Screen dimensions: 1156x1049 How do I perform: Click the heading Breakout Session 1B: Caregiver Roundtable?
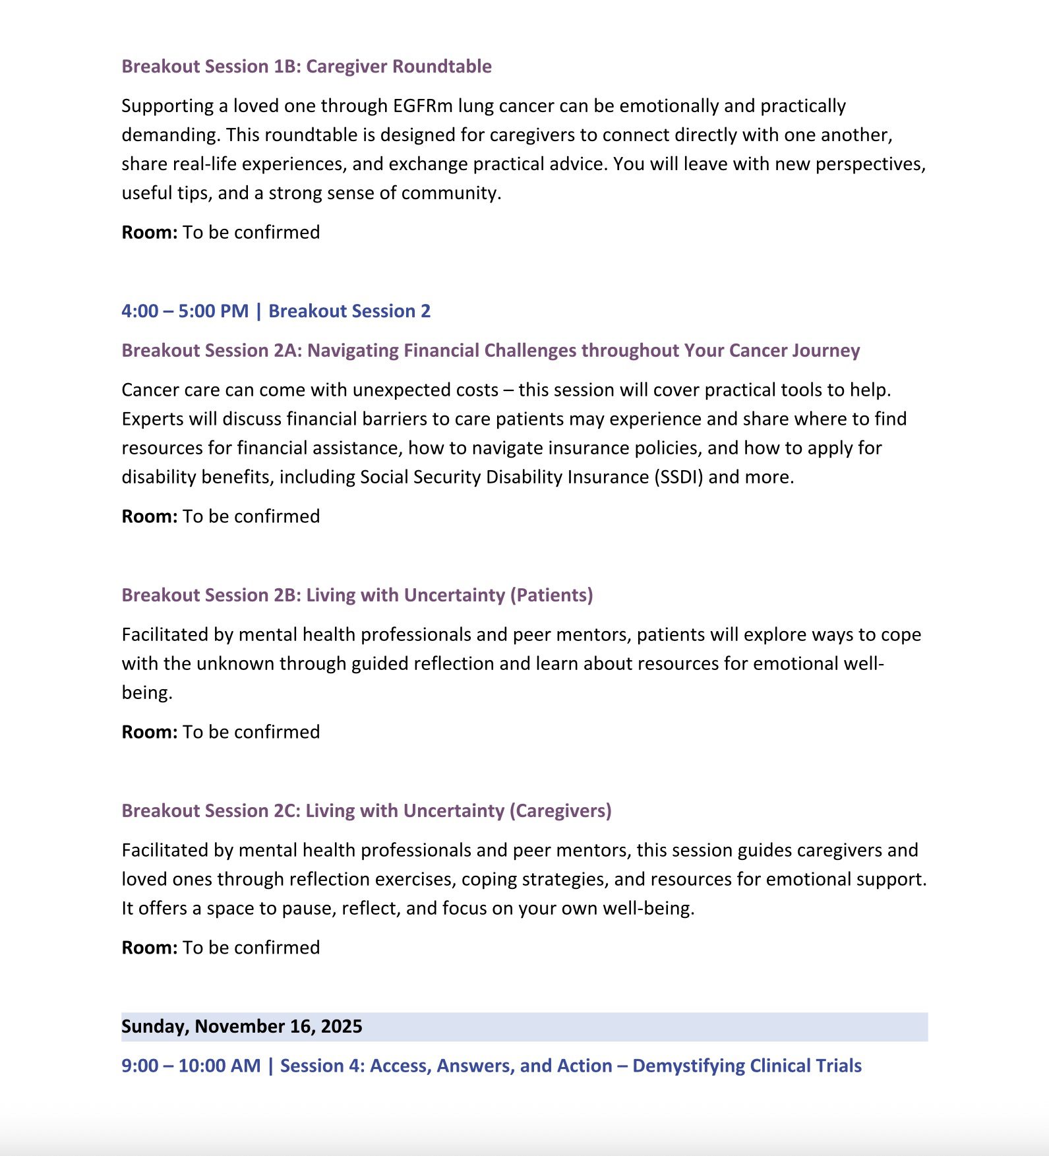307,67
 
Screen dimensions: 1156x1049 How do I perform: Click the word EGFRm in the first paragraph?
423,106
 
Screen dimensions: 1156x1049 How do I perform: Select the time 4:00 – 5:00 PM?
185,311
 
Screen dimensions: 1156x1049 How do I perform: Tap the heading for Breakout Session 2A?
490,351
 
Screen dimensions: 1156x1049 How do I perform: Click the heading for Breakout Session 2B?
357,595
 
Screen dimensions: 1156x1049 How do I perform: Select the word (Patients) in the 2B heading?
551,595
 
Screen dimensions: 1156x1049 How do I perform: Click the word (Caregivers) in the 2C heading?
560,811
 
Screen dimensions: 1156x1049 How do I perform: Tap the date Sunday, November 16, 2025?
241,1027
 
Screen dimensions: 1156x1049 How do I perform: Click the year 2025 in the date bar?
342,1027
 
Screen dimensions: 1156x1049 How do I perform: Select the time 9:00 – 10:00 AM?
191,1066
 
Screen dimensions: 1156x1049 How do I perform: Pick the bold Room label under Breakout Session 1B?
149,233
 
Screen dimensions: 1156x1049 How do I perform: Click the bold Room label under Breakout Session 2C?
149,948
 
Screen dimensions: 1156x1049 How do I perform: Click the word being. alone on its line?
146,693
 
